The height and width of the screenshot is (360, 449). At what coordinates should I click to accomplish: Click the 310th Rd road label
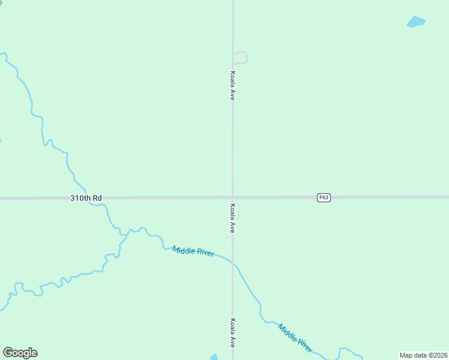(x=86, y=197)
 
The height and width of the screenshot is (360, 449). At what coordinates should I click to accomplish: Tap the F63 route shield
(x=324, y=197)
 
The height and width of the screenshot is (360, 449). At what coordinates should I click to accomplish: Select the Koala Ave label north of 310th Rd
(x=232, y=85)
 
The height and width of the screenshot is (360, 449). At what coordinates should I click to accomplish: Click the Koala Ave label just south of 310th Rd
(x=232, y=218)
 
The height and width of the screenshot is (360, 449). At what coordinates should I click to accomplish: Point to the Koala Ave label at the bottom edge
(x=232, y=332)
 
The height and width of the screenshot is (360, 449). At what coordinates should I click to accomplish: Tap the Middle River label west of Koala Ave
(x=193, y=251)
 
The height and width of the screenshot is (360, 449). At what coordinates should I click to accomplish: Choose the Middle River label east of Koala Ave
(x=295, y=338)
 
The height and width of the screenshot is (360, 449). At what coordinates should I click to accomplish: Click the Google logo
(x=20, y=353)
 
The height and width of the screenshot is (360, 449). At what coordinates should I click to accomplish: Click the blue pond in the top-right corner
(x=415, y=22)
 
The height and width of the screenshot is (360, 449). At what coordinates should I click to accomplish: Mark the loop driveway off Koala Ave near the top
(x=241, y=57)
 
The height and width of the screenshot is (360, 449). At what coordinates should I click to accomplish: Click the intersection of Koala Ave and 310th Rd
(x=233, y=197)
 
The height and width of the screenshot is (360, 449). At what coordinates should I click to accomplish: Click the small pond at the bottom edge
(x=214, y=357)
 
